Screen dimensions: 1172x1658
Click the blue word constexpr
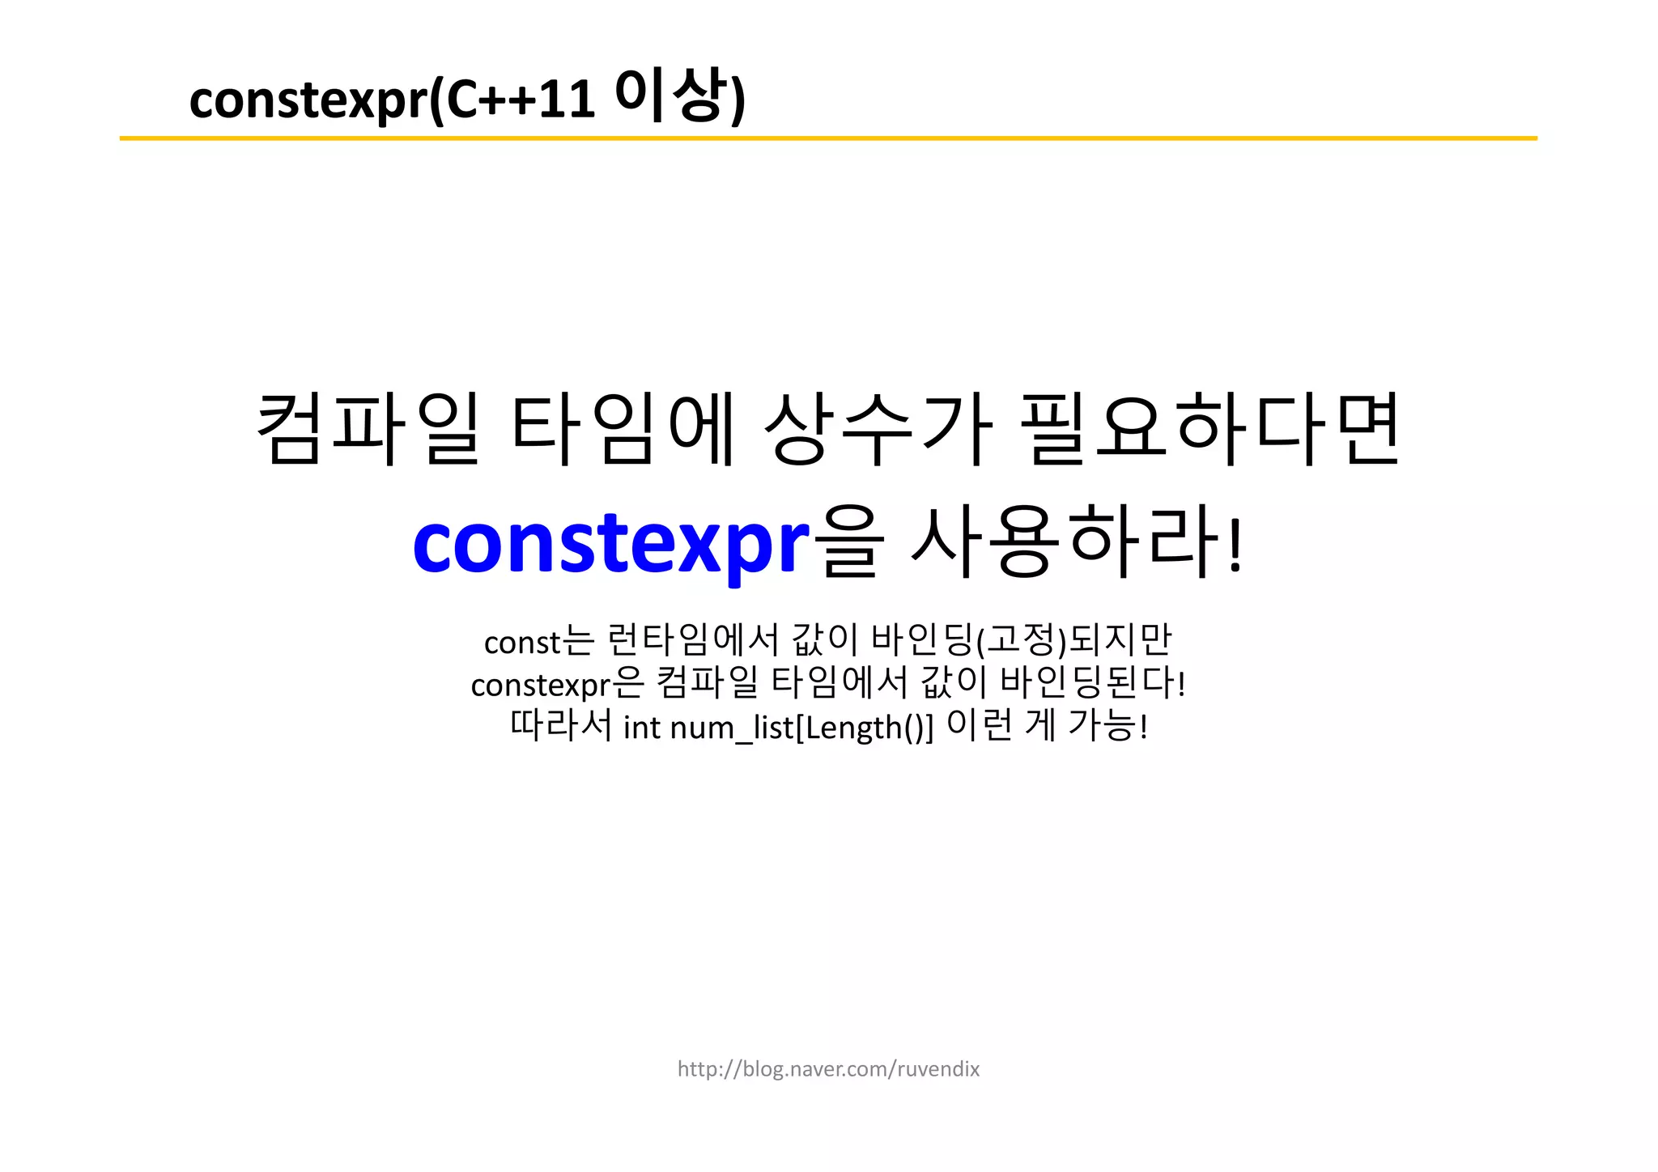click(611, 544)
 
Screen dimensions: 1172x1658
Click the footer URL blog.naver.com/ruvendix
click(828, 1069)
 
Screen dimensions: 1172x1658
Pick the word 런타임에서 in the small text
click(693, 640)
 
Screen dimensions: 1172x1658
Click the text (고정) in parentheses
click(1022, 640)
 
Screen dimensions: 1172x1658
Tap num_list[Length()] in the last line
click(801, 727)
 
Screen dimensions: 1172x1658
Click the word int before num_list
click(642, 727)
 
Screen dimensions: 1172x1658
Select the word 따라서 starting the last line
click(560, 725)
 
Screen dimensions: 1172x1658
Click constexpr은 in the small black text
click(557, 685)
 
